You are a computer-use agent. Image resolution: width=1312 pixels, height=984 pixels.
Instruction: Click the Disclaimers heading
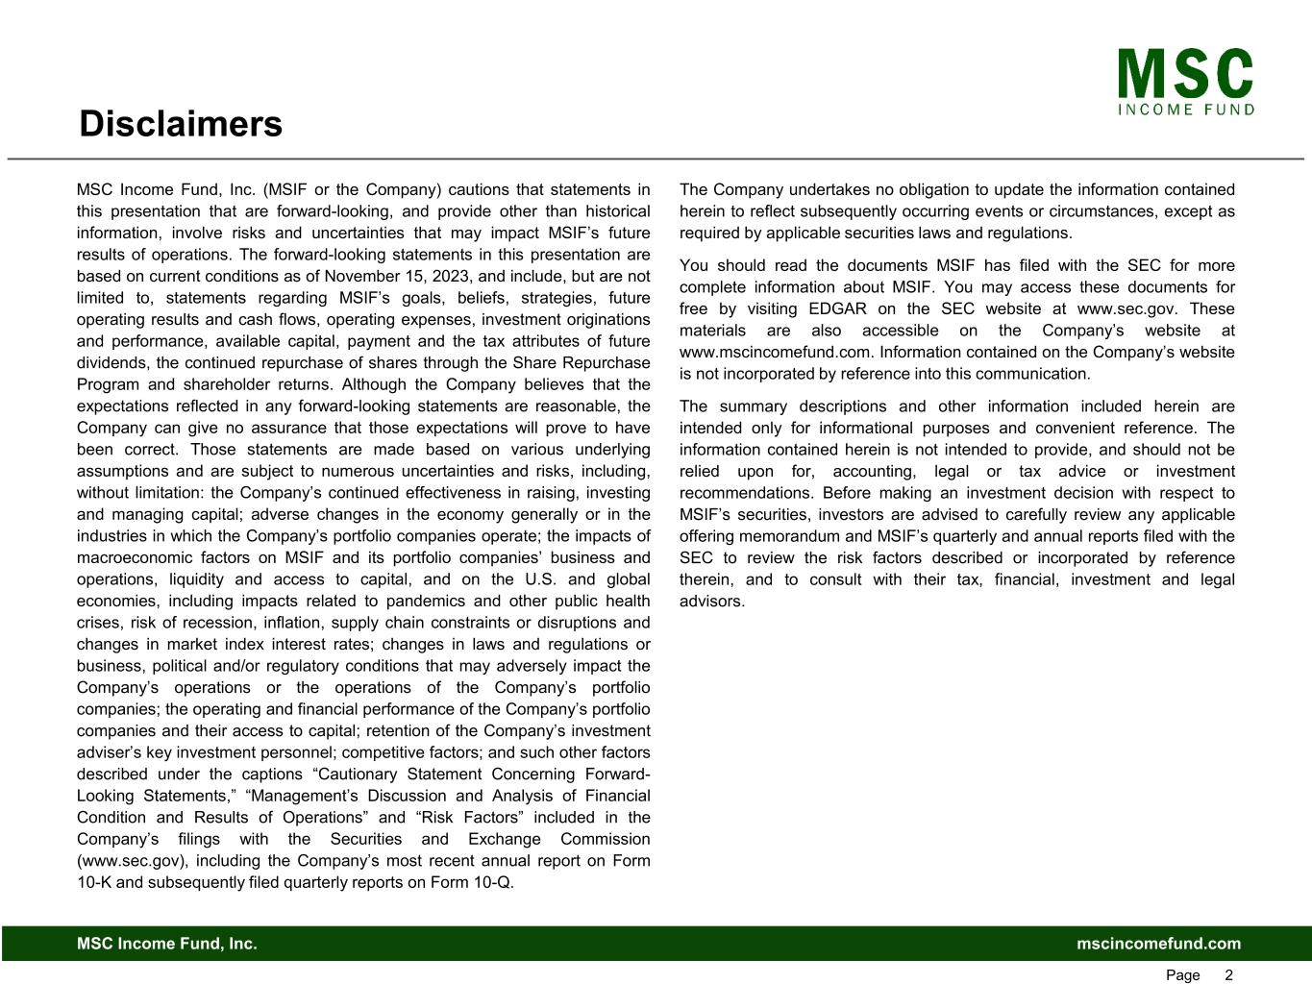(181, 124)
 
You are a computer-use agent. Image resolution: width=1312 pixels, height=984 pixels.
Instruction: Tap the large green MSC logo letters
(1185, 74)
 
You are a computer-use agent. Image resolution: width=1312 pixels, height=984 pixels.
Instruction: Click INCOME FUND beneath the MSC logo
(1186, 110)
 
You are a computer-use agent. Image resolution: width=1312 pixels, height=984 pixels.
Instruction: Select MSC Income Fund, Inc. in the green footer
(167, 944)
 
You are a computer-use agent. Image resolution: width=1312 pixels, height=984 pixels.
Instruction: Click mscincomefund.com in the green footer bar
(1158, 944)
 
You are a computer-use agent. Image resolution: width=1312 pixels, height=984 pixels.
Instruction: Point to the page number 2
(1228, 975)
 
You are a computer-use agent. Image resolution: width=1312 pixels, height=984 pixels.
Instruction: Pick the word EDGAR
(839, 308)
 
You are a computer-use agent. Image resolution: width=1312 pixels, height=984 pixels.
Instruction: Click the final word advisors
(710, 601)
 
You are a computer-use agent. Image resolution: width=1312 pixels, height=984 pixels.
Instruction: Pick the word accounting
(875, 471)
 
